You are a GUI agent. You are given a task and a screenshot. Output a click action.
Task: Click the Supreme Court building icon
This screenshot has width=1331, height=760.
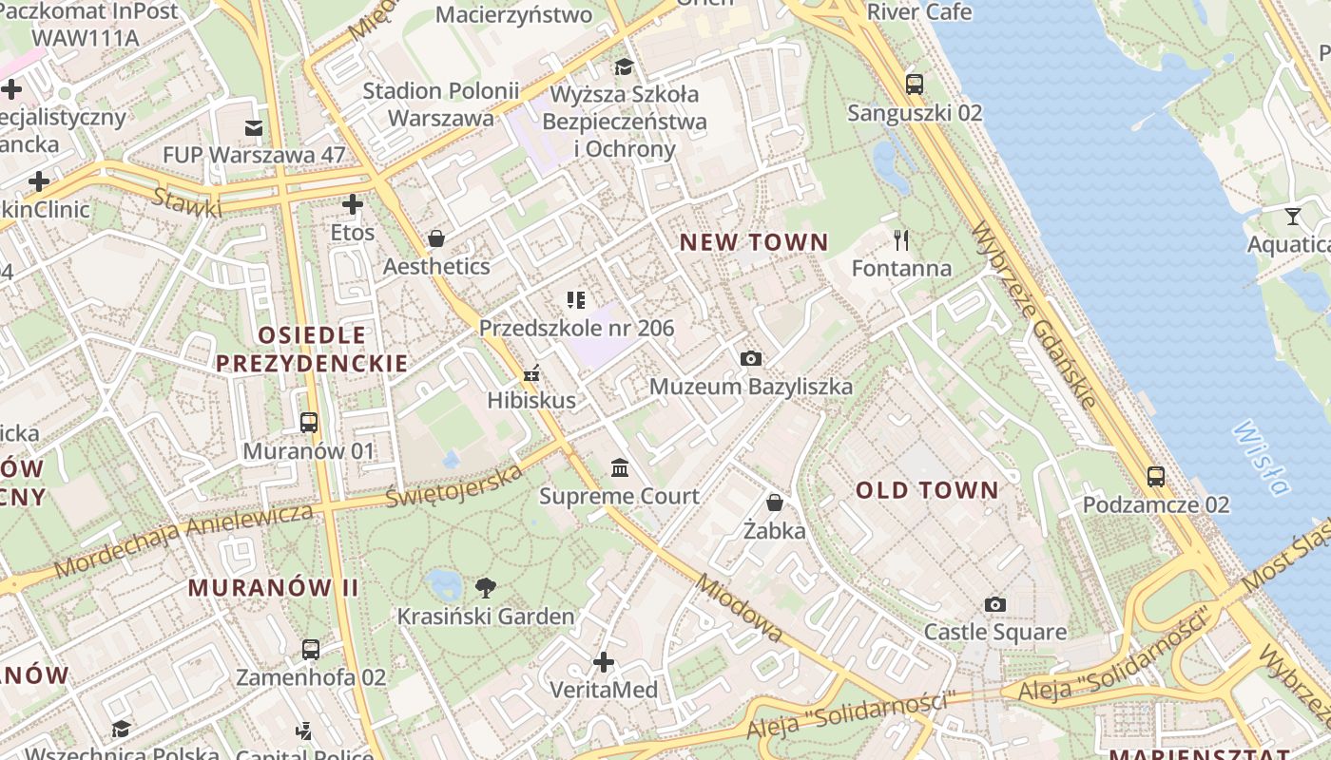coord(620,467)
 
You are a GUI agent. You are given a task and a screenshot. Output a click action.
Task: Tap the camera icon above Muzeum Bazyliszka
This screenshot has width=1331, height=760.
coord(750,358)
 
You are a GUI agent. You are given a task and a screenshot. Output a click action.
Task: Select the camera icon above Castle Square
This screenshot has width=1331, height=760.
coord(994,604)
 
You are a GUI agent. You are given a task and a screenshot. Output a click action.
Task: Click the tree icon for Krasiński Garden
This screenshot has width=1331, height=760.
coord(485,588)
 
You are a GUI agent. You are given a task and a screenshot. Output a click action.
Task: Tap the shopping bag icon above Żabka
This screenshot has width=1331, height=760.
coord(775,502)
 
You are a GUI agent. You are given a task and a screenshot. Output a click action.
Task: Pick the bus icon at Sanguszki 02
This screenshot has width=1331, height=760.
coord(914,84)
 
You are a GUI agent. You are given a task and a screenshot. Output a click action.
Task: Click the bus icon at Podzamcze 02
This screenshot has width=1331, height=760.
coord(1155,476)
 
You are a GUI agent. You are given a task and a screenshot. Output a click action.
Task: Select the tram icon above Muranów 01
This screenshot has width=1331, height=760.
coord(309,422)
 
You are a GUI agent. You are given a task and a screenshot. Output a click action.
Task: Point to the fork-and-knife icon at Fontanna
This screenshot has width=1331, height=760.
coord(901,239)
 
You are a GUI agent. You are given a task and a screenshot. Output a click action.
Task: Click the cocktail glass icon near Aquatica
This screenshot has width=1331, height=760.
coord(1292,216)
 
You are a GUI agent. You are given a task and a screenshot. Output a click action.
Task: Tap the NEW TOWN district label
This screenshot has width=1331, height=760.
coord(754,242)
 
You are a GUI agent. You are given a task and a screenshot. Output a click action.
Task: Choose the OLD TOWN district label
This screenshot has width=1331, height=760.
coord(927,490)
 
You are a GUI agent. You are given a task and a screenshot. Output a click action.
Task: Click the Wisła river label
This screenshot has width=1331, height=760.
coord(1260,458)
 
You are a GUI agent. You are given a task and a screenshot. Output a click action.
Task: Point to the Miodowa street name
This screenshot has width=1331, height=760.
coord(739,608)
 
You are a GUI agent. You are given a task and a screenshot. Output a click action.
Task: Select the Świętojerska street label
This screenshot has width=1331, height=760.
coord(454,485)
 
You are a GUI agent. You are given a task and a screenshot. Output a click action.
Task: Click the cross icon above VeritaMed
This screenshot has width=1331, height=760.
coord(603,661)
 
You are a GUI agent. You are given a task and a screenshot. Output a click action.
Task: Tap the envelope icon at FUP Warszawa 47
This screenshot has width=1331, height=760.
coord(254,127)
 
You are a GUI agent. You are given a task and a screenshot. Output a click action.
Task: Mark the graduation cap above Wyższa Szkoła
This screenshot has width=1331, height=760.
coord(624,66)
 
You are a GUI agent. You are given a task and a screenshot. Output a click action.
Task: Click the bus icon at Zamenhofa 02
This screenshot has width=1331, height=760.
coord(311,650)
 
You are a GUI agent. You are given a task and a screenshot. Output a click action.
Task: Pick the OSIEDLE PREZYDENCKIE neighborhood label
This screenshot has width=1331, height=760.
coord(312,349)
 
